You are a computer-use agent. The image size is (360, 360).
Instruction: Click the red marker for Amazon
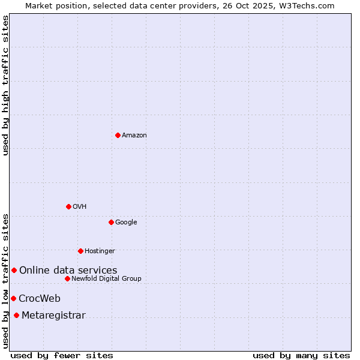(118, 135)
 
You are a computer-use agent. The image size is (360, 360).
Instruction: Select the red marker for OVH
(68, 206)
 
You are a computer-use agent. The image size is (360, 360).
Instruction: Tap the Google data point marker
(111, 222)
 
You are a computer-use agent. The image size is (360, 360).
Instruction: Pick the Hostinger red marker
(80, 251)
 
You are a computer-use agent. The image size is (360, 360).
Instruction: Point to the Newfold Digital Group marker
(67, 278)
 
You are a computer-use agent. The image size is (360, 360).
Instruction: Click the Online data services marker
(14, 270)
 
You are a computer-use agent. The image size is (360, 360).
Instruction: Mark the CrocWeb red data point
(13, 298)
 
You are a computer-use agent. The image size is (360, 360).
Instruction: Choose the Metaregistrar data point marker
(16, 316)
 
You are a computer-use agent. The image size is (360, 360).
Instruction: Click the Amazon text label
(134, 136)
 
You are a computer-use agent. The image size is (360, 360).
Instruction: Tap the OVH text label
(80, 207)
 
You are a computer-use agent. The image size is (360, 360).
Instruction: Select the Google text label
(126, 223)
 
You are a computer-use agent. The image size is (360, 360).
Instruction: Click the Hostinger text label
(100, 251)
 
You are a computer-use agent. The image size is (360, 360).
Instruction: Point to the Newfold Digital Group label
(106, 279)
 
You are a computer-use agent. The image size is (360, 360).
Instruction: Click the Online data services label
(68, 271)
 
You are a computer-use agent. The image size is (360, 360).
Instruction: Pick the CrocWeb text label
(40, 299)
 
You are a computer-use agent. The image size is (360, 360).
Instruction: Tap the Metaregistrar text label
(53, 316)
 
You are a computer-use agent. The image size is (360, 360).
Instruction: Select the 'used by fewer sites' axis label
(62, 355)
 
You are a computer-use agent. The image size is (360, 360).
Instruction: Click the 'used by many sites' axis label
(301, 355)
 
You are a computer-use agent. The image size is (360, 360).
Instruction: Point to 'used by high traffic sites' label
(5, 85)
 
